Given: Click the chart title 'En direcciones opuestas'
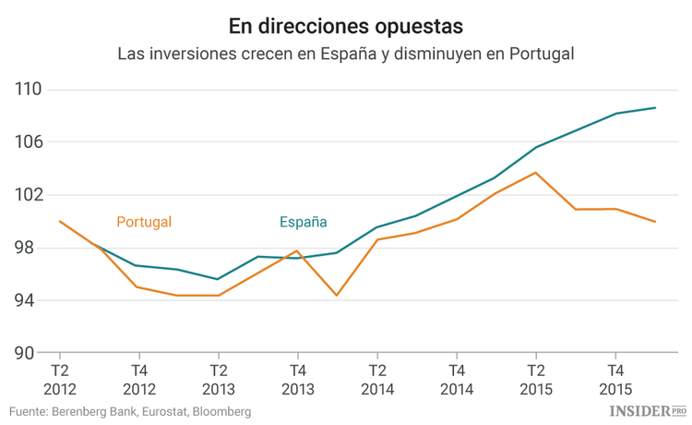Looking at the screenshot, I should pos(345,21).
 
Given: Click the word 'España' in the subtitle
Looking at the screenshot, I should pos(352,54).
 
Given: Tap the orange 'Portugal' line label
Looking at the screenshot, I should pos(144,222).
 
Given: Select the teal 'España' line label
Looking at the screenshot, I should pos(304,222).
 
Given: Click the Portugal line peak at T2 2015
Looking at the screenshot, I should pos(535,173).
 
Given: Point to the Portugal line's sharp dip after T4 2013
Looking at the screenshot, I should pos(337,295).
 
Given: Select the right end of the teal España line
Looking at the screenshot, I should pos(655,108).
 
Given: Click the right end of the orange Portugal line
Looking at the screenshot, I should pos(655,222).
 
